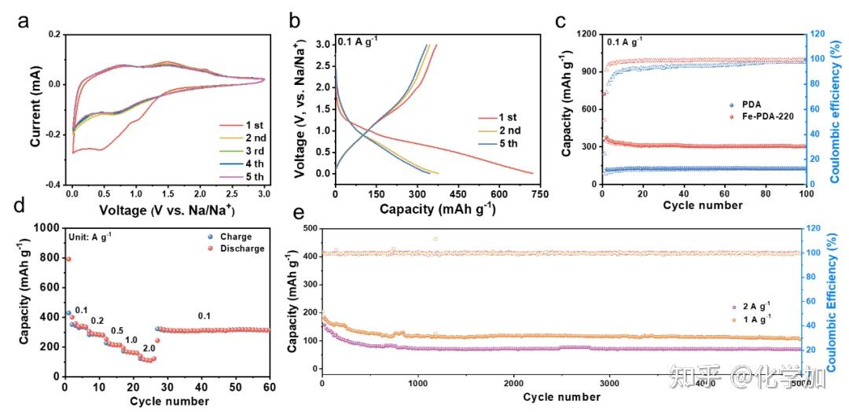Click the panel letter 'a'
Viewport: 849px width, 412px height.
pos(24,21)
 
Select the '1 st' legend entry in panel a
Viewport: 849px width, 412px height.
pos(240,124)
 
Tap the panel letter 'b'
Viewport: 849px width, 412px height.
pos(294,21)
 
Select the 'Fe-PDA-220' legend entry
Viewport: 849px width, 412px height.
pos(751,116)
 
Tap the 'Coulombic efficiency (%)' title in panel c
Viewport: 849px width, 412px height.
pos(839,109)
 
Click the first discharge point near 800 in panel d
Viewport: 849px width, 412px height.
pos(68,259)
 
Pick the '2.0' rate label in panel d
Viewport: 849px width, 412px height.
pos(149,348)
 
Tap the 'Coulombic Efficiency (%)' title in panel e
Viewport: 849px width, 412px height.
pos(839,299)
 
